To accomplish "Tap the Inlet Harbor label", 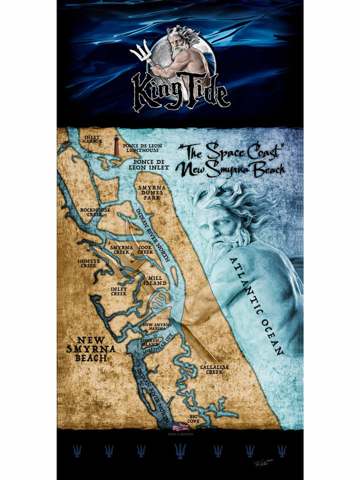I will [93, 139].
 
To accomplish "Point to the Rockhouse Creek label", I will [95, 212].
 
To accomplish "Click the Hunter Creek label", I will [88, 263].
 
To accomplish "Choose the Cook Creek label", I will [145, 250].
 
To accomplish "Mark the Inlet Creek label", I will [118, 291].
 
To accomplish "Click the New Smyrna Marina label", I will [157, 327].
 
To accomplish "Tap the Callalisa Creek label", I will [214, 369].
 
